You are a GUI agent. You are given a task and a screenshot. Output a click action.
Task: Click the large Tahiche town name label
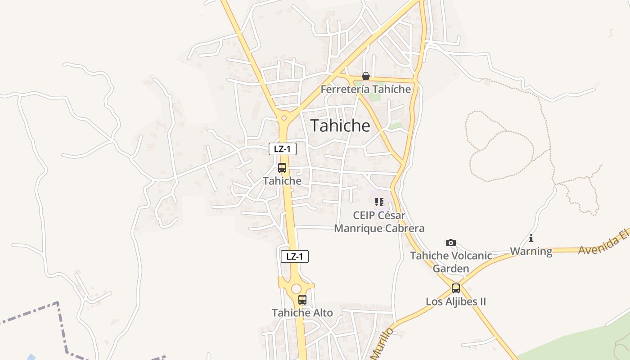[x=340, y=126]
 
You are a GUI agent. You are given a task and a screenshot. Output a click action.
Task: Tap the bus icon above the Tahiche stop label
[x=282, y=168]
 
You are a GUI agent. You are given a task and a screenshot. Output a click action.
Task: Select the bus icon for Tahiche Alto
[x=302, y=299]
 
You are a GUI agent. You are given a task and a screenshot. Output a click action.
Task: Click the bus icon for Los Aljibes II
[x=456, y=288]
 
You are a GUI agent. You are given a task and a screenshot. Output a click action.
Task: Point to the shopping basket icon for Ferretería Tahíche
[x=366, y=76]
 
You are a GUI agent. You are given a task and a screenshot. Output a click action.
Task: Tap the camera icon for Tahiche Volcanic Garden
[x=451, y=243]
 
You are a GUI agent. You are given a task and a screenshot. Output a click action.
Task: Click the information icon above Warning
[x=531, y=238]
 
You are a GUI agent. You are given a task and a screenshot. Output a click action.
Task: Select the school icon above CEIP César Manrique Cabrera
[x=379, y=202]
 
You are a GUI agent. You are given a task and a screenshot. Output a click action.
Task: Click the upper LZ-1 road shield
[x=283, y=149]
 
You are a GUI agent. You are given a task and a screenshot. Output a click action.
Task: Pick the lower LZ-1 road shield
[x=295, y=256]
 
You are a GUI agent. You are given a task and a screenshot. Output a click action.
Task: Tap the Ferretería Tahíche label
[x=366, y=89]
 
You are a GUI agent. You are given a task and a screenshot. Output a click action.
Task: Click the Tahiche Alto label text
[x=302, y=313]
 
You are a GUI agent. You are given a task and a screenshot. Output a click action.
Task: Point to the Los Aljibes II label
[x=456, y=301]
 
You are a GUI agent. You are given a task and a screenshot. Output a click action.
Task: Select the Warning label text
[x=531, y=251]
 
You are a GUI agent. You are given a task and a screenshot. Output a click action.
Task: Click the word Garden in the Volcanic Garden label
[x=451, y=269]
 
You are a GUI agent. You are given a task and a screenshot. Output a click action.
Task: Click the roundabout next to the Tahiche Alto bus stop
[x=296, y=288]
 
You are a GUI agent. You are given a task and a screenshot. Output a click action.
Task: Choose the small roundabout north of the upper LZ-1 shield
[x=283, y=118]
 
